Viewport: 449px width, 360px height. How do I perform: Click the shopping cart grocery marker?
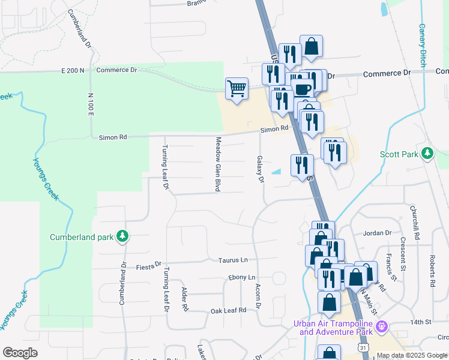coord(237,89)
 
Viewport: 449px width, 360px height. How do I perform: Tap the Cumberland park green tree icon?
coord(122,236)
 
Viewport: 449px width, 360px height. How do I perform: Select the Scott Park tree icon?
coord(427,154)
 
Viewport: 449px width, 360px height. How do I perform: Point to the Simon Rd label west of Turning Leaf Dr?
coord(113,137)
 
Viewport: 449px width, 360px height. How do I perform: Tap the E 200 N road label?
coord(73,70)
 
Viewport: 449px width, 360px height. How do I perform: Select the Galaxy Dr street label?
coord(261,170)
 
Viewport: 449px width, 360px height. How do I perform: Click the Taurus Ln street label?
coord(234,260)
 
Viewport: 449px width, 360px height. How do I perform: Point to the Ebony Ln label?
coord(242,278)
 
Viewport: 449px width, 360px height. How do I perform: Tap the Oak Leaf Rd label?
coord(229,310)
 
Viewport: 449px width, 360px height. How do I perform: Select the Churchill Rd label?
coord(414,220)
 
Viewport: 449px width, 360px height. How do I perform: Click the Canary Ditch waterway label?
coord(422,44)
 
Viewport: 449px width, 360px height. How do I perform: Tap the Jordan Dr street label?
coord(378,233)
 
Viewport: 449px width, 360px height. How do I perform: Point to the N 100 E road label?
coord(91,105)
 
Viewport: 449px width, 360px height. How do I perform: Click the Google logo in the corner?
coord(20,353)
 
